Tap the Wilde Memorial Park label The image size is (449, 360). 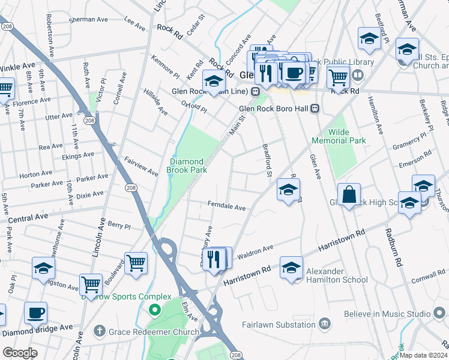(x=339, y=136)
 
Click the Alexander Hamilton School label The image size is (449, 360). (x=337, y=275)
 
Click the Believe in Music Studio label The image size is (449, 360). (x=387, y=314)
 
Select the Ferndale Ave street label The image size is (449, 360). (x=227, y=207)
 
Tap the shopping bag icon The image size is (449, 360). (x=349, y=195)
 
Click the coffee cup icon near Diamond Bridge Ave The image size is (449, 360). (x=35, y=313)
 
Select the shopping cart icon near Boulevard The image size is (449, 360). (x=136, y=263)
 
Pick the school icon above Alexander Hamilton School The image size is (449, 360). (x=291, y=268)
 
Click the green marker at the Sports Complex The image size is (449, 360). (x=154, y=311)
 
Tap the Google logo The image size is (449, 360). (x=20, y=353)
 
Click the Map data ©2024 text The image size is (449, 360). (x=424, y=355)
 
